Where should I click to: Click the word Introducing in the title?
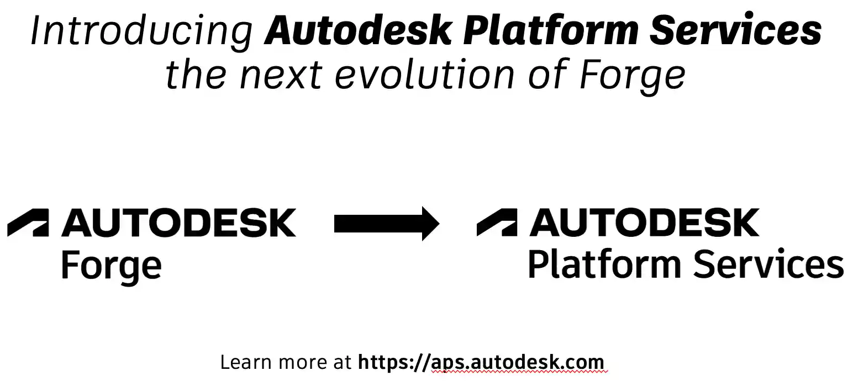click(x=141, y=31)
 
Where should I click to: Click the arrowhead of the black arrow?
click(x=430, y=223)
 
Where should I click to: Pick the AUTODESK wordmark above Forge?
click(x=179, y=223)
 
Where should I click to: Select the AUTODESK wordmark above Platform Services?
click(x=645, y=223)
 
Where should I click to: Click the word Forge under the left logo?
click(x=111, y=266)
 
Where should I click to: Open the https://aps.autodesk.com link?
click(x=481, y=363)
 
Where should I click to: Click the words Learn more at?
click(x=286, y=363)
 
